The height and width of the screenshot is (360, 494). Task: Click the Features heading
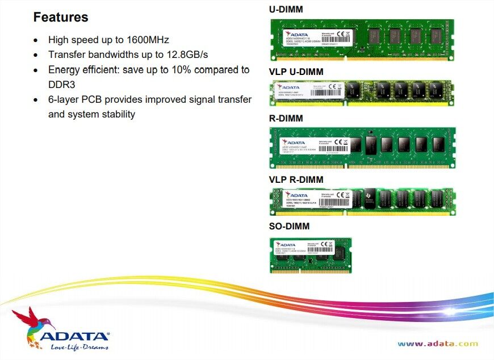pyautogui.click(x=61, y=17)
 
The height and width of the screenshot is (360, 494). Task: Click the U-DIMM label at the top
pyautogui.click(x=286, y=9)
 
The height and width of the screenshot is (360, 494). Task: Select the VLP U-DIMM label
pyautogui.click(x=297, y=72)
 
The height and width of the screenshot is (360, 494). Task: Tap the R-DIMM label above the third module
pyautogui.click(x=286, y=119)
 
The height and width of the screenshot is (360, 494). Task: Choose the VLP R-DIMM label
pyautogui.click(x=297, y=180)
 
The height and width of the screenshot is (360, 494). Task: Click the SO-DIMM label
pyautogui.click(x=290, y=227)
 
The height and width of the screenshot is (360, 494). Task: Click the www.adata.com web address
pyautogui.click(x=438, y=344)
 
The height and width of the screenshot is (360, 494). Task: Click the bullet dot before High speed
pyautogui.click(x=36, y=41)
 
